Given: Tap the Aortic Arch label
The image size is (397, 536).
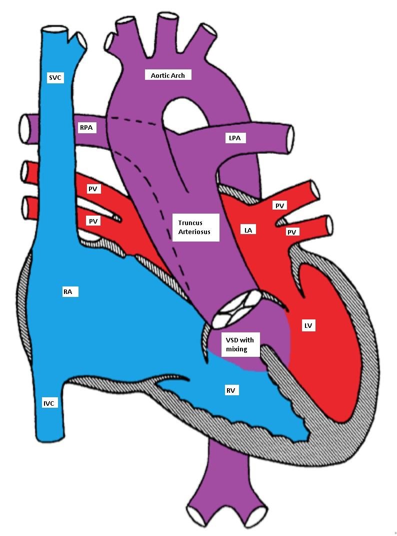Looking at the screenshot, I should point(168,75).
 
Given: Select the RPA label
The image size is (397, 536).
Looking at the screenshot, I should point(86,128).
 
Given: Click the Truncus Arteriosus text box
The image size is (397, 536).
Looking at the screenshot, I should point(195,228).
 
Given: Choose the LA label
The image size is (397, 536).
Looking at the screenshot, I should point(248,230).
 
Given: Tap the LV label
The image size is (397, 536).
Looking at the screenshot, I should point(308,325).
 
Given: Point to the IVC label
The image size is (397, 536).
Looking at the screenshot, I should point(48,403).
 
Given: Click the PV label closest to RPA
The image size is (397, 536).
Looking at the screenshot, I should point(92,189).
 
